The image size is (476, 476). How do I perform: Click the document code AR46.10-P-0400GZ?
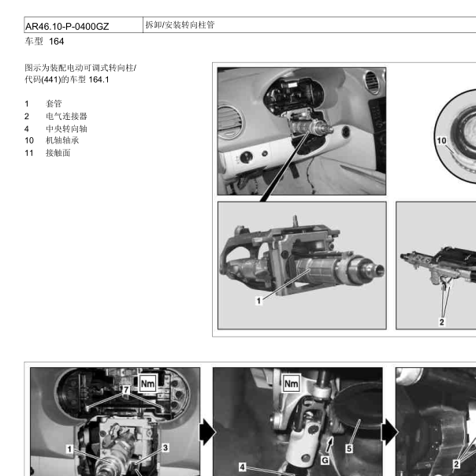tap(67, 27)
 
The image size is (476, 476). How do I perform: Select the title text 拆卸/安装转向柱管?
tap(180, 25)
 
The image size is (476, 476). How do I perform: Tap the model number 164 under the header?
tap(57, 41)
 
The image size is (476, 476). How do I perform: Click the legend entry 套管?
tap(54, 103)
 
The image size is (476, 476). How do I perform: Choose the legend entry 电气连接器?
tap(66, 116)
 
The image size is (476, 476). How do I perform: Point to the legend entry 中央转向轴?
tap(66, 128)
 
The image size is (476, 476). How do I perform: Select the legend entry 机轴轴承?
tap(62, 140)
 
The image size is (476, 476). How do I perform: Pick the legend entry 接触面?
tap(58, 153)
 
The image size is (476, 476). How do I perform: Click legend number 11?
tap(29, 153)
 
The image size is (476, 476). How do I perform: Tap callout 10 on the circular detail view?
tap(441, 140)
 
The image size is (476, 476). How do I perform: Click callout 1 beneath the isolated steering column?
tap(258, 301)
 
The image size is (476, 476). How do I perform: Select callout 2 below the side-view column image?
tap(442, 322)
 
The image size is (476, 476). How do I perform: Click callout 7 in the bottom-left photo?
tap(126, 389)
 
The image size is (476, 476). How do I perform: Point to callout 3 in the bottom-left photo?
tap(165, 448)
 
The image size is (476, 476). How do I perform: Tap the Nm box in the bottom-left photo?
tap(147, 384)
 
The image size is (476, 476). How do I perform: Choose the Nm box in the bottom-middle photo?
tap(291, 384)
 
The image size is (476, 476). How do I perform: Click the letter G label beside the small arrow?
tap(325, 460)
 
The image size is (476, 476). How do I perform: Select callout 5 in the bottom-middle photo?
tap(349, 448)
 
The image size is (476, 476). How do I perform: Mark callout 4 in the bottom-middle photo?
tap(242, 467)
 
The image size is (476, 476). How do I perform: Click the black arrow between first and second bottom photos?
tap(207, 432)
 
